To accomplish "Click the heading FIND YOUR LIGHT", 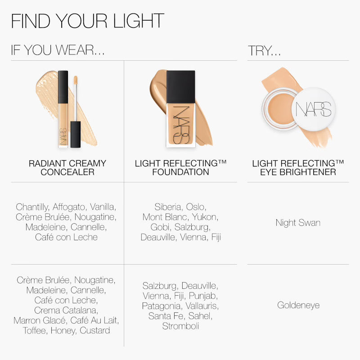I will coord(87,21).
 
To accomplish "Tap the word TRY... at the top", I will coord(264,51).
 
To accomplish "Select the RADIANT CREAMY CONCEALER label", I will coord(67,167).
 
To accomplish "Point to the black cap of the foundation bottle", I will coord(181,86).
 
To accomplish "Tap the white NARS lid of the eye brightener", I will coord(314,109).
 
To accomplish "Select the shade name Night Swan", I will coord(298,223).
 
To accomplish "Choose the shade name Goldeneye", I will coord(298,305).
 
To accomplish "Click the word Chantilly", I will coord(32,207).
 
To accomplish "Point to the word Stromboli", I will coord(180,326).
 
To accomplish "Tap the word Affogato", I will coord(69,207).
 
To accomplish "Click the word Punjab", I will coord(203,296).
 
